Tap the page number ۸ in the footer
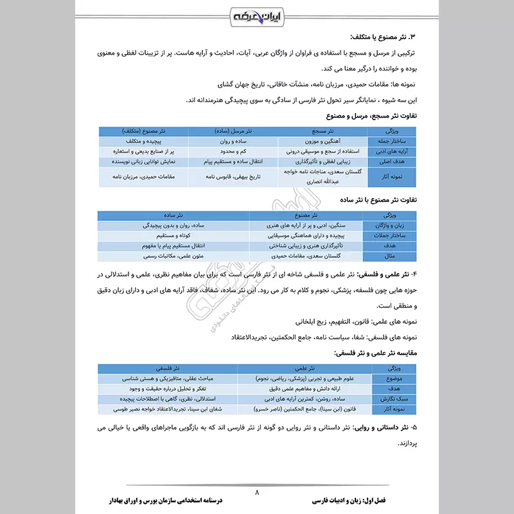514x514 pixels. coord(257,492)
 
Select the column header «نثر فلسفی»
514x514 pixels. coord(169,368)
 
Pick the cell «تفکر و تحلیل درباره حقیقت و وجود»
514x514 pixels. coord(169,389)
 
